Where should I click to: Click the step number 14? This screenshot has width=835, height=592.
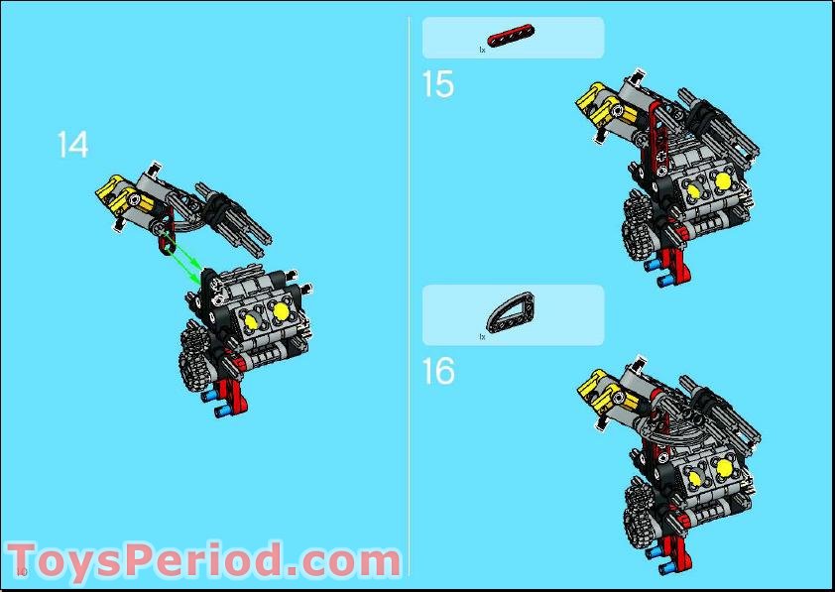[x=72, y=145]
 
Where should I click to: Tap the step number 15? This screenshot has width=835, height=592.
[x=437, y=84]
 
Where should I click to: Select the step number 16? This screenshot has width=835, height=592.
[x=437, y=372]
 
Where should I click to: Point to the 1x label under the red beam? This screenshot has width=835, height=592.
[x=482, y=50]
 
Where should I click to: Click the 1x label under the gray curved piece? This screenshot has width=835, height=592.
[x=482, y=337]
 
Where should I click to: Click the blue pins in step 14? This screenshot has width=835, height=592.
[x=211, y=401]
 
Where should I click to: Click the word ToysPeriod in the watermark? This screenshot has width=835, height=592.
[x=149, y=560]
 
